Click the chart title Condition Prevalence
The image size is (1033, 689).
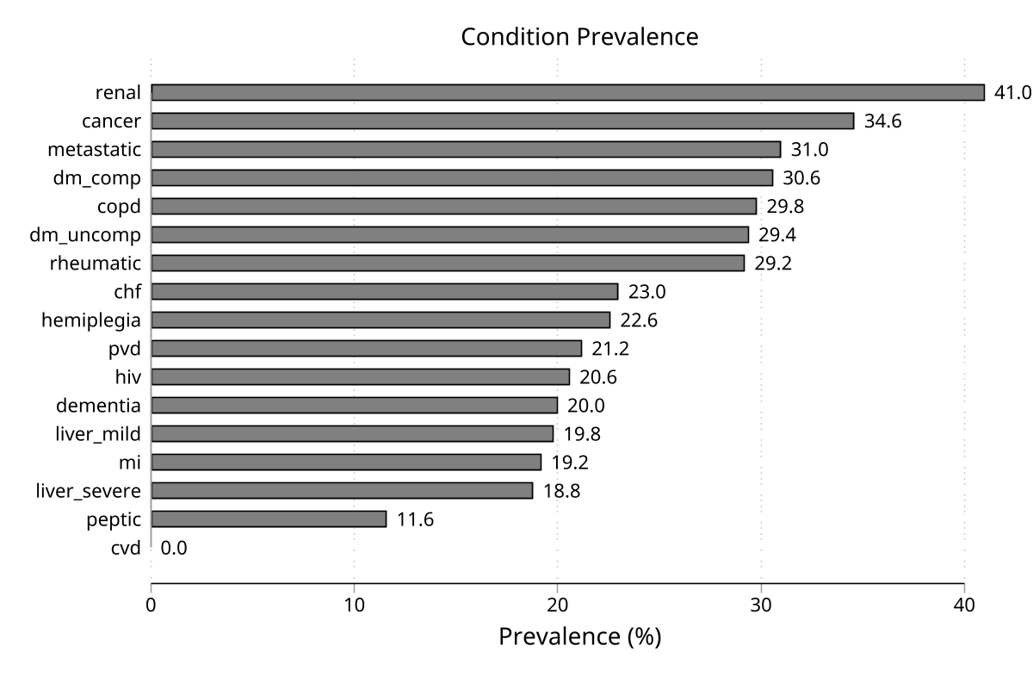coord(578,37)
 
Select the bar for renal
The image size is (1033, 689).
coord(567,92)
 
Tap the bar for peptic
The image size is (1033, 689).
coord(269,518)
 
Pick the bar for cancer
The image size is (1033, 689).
coord(502,121)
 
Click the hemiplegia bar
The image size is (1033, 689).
coord(380,320)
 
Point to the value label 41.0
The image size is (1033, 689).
coord(1012,92)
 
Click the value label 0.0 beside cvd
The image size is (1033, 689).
coord(174,547)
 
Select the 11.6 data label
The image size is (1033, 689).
coord(415,518)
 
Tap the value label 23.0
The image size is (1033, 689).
coord(646,291)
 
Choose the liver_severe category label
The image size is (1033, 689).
coord(88,490)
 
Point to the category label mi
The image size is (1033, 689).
coord(130,462)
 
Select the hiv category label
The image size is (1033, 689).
coord(127,376)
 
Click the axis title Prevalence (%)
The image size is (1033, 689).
coord(579,637)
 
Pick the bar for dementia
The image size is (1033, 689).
coord(354,405)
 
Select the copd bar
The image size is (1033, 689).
coord(454,206)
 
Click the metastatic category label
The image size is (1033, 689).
coord(94,149)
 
